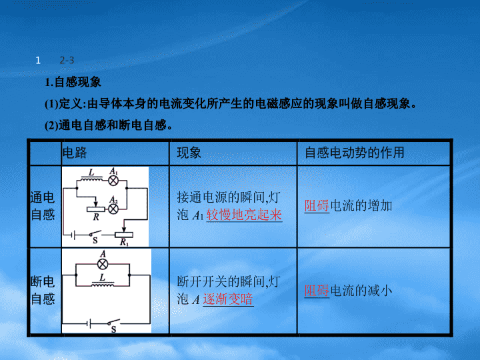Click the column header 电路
click(75, 152)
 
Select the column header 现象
click(189, 152)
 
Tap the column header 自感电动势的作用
click(355, 152)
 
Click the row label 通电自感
click(43, 206)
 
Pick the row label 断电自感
click(43, 290)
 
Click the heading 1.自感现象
click(73, 82)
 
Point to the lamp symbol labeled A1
click(113, 181)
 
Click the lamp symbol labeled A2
click(113, 209)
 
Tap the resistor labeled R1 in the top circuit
click(124, 235)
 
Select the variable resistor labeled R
click(96, 209)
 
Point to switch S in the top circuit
click(95, 234)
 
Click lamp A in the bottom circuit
click(103, 264)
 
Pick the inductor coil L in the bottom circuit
click(103, 285)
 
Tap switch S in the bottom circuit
click(113, 322)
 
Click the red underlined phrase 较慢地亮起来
click(244, 215)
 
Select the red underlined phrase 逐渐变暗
click(228, 299)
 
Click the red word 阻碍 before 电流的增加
click(317, 206)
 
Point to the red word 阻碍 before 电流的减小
click(317, 291)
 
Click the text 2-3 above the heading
click(67, 60)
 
